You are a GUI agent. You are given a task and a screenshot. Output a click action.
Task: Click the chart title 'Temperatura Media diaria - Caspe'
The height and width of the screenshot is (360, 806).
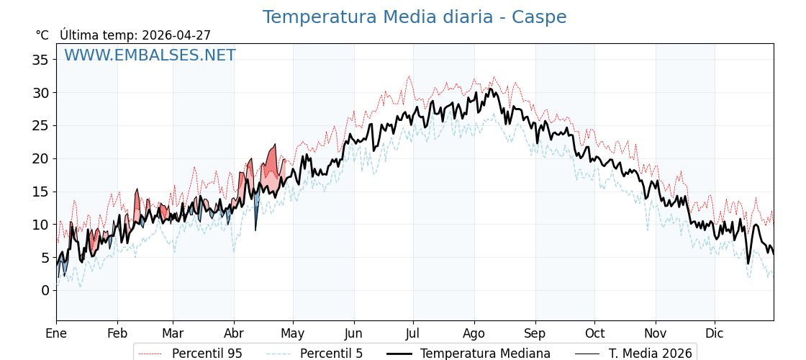(414, 17)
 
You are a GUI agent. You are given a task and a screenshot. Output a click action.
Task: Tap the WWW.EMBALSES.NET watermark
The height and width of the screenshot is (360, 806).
(150, 55)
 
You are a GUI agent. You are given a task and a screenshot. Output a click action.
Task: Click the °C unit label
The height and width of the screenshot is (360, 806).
(42, 35)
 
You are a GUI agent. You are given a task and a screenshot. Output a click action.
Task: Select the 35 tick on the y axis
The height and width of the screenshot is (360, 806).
(40, 60)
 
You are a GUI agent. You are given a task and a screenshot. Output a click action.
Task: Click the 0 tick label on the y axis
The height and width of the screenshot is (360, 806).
(45, 290)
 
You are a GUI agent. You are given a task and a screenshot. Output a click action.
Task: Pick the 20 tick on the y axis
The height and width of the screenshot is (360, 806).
(40, 158)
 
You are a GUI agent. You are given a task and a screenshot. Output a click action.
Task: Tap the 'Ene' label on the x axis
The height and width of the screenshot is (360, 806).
(56, 333)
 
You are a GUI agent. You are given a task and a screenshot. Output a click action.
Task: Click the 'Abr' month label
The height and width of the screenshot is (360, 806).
(234, 333)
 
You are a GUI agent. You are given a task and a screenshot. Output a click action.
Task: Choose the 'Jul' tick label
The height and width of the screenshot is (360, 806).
(413, 333)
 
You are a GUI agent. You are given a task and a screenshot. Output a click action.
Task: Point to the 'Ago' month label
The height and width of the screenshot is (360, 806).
(474, 333)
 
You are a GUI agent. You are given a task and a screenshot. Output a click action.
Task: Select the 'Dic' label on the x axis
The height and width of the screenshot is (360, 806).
(715, 333)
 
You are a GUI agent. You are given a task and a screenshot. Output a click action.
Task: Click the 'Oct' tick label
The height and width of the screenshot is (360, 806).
(594, 333)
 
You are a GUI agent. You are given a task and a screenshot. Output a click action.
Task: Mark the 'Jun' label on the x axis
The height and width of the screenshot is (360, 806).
(353, 333)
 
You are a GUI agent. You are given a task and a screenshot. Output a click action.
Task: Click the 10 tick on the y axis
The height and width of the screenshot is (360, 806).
(40, 225)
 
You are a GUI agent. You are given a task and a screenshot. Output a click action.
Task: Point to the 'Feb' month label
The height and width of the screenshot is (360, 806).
(117, 333)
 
